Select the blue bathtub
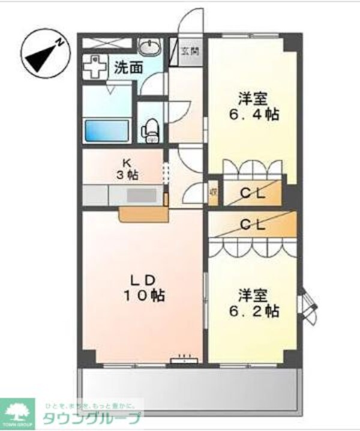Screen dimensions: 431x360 (107, 130)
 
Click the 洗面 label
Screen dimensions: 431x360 (128, 67)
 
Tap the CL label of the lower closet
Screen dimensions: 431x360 (253, 224)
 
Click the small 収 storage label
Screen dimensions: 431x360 (213, 193)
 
